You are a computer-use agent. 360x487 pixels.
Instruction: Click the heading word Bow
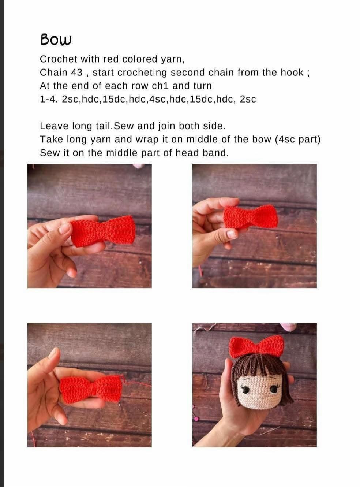[56, 40]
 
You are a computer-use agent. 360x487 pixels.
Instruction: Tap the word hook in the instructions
[292, 73]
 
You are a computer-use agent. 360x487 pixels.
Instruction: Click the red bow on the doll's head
[257, 346]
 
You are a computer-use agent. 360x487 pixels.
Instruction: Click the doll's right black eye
[274, 389]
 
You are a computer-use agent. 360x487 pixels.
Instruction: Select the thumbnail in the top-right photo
[231, 234]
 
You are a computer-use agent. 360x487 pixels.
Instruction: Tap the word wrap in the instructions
[147, 140]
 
